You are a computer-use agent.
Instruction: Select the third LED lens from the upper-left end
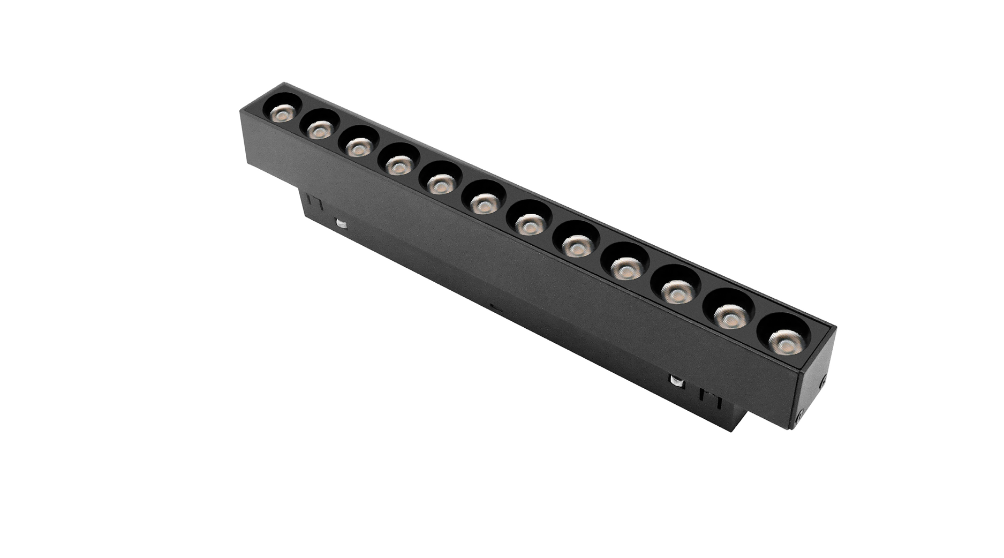[x=358, y=146]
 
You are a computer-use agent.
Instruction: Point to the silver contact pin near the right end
[x=677, y=381]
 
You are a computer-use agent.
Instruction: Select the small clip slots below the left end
[x=315, y=203]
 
